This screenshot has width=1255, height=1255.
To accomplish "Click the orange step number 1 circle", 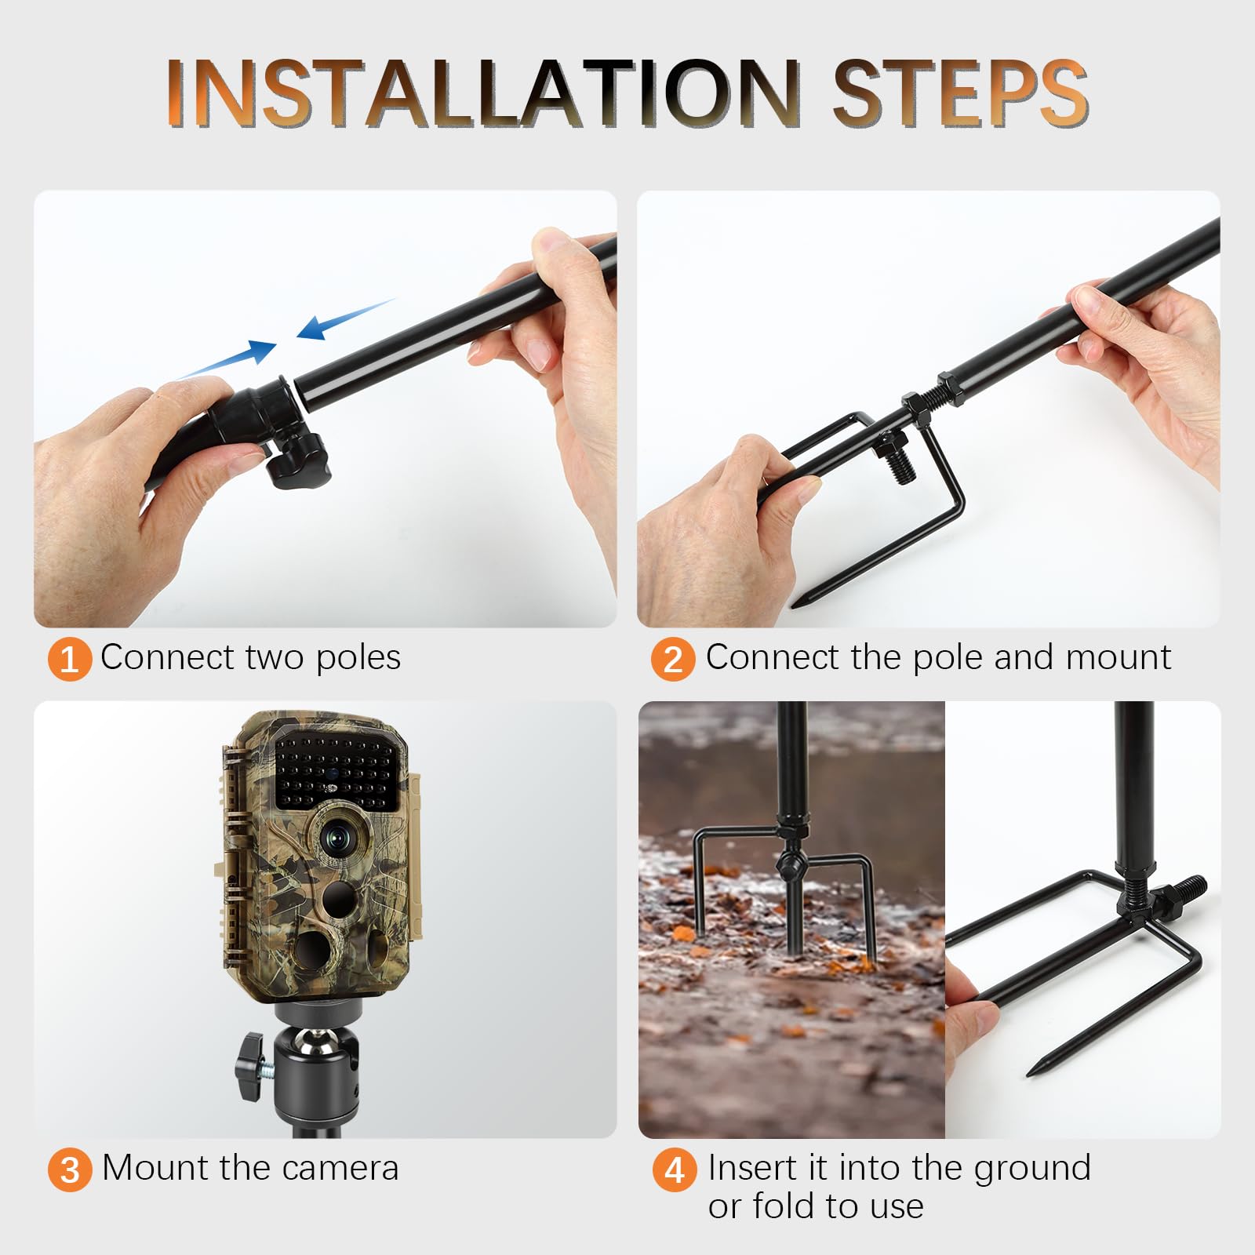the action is [x=70, y=659].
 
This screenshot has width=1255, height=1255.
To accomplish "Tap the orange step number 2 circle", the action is [x=673, y=659].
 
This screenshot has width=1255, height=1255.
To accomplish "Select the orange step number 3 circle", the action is [x=70, y=1170].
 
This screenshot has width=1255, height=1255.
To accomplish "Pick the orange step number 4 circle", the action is [x=674, y=1170].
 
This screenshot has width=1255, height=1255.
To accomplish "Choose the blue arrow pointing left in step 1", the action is [x=345, y=319].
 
